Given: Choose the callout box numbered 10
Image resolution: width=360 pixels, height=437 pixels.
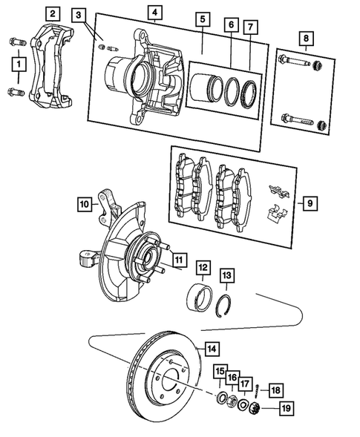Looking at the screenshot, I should click(x=84, y=202).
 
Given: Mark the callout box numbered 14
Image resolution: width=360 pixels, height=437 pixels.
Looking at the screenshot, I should click(x=212, y=347).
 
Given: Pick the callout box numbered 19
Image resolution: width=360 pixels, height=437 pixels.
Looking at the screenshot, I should click(x=286, y=408).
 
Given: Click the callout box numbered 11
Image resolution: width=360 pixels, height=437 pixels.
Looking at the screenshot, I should click(x=179, y=259).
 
